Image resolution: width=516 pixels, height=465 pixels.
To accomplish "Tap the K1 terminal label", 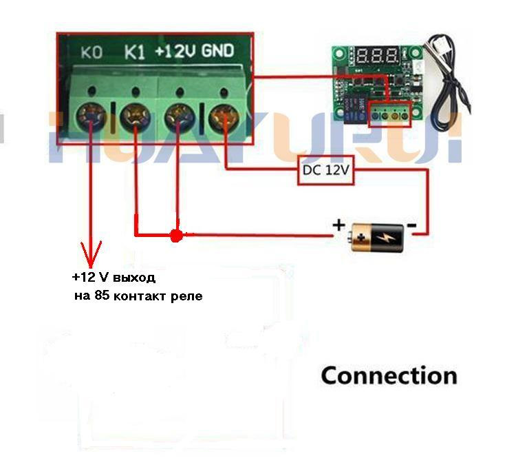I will click(x=134, y=52).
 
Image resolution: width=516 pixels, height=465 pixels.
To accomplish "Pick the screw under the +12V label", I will click(x=178, y=114).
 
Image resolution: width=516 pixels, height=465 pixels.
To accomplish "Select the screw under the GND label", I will click(x=222, y=114).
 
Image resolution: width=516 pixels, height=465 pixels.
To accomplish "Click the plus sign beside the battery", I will click(x=338, y=225).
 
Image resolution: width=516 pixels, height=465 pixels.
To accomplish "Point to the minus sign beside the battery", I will click(x=411, y=225).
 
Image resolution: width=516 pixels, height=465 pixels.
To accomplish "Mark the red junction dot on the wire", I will click(x=176, y=236).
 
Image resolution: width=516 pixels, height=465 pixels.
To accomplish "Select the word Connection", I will click(x=389, y=376).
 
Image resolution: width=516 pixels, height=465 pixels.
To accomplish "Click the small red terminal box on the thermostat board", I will click(x=389, y=114).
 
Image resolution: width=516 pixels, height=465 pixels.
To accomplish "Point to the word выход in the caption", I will click(x=135, y=278).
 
